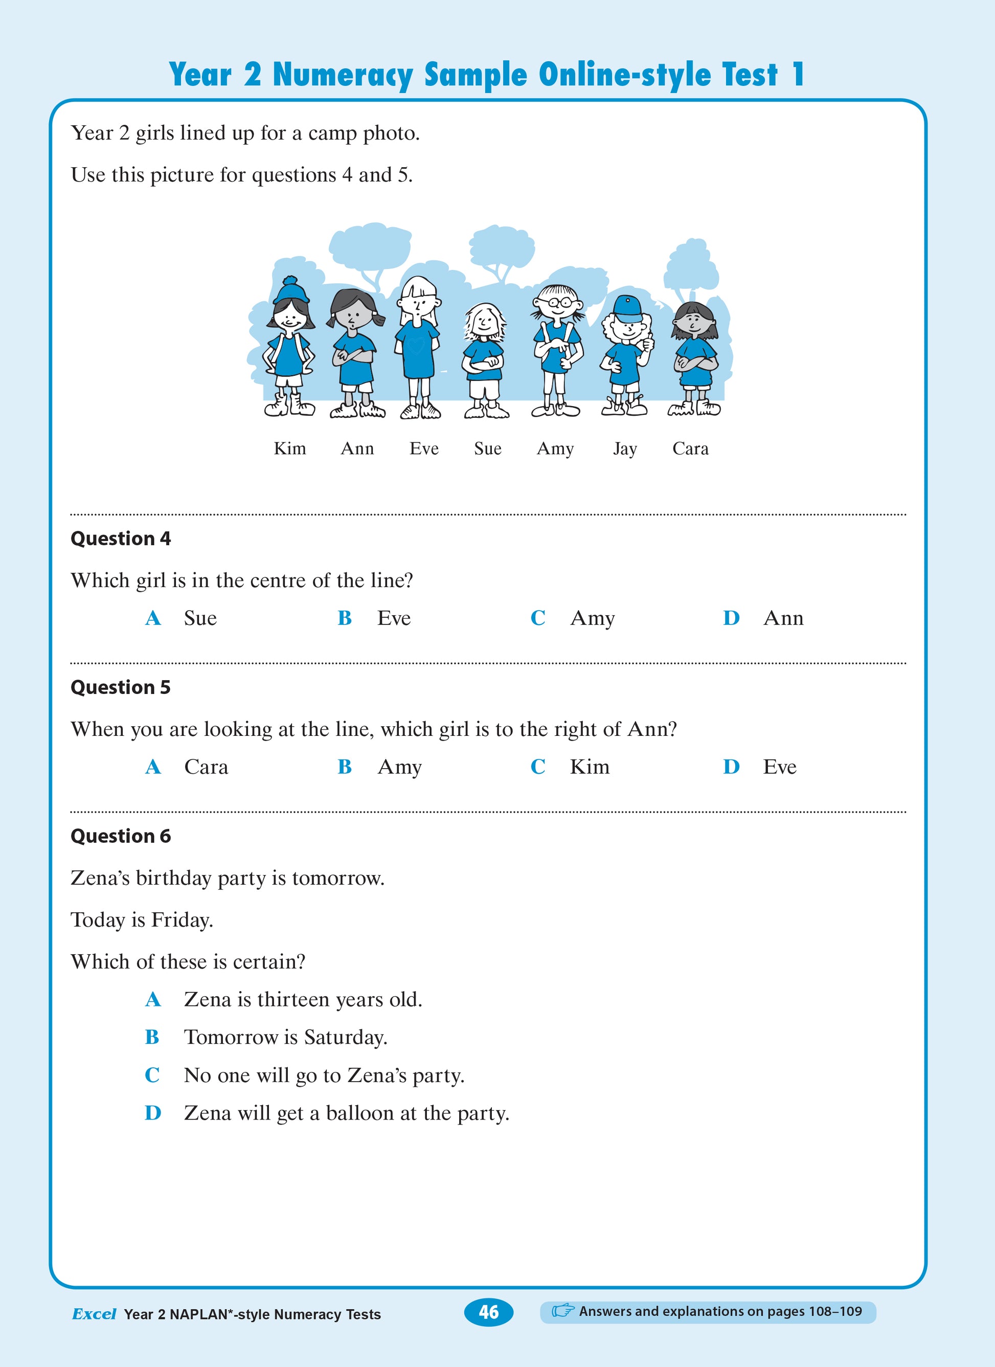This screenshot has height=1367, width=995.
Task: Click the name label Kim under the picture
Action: tap(289, 449)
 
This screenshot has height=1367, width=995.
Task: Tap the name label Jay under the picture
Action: tap(624, 449)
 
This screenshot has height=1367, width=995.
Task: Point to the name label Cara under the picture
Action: tap(690, 449)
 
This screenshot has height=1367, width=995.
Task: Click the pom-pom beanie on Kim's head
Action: tap(290, 290)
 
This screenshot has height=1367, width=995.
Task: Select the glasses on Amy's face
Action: tap(558, 301)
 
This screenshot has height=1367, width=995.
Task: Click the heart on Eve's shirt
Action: tap(415, 345)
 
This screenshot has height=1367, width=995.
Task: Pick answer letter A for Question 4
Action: tap(153, 618)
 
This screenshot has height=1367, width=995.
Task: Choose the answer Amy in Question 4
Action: tap(593, 618)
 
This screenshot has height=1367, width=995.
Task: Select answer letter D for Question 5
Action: tap(731, 767)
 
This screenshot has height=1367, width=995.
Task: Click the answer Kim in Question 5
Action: tap(590, 767)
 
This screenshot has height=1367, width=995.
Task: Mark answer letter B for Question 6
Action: tap(152, 1037)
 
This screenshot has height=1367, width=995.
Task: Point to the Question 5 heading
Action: tap(121, 687)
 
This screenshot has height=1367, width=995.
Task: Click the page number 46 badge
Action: tap(488, 1312)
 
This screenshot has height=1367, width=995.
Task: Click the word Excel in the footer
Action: tap(94, 1314)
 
